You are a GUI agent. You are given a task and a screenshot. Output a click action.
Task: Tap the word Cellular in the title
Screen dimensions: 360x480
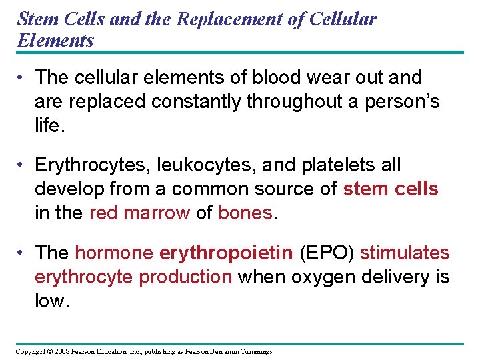(x=344, y=19)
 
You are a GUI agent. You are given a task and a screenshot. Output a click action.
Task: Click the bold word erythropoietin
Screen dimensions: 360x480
(x=226, y=253)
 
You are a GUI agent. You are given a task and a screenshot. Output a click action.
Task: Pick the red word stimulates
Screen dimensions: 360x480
(x=405, y=253)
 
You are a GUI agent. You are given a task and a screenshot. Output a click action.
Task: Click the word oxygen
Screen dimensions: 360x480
(x=313, y=277)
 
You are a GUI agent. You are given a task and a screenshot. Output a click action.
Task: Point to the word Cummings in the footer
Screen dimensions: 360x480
(x=256, y=351)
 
